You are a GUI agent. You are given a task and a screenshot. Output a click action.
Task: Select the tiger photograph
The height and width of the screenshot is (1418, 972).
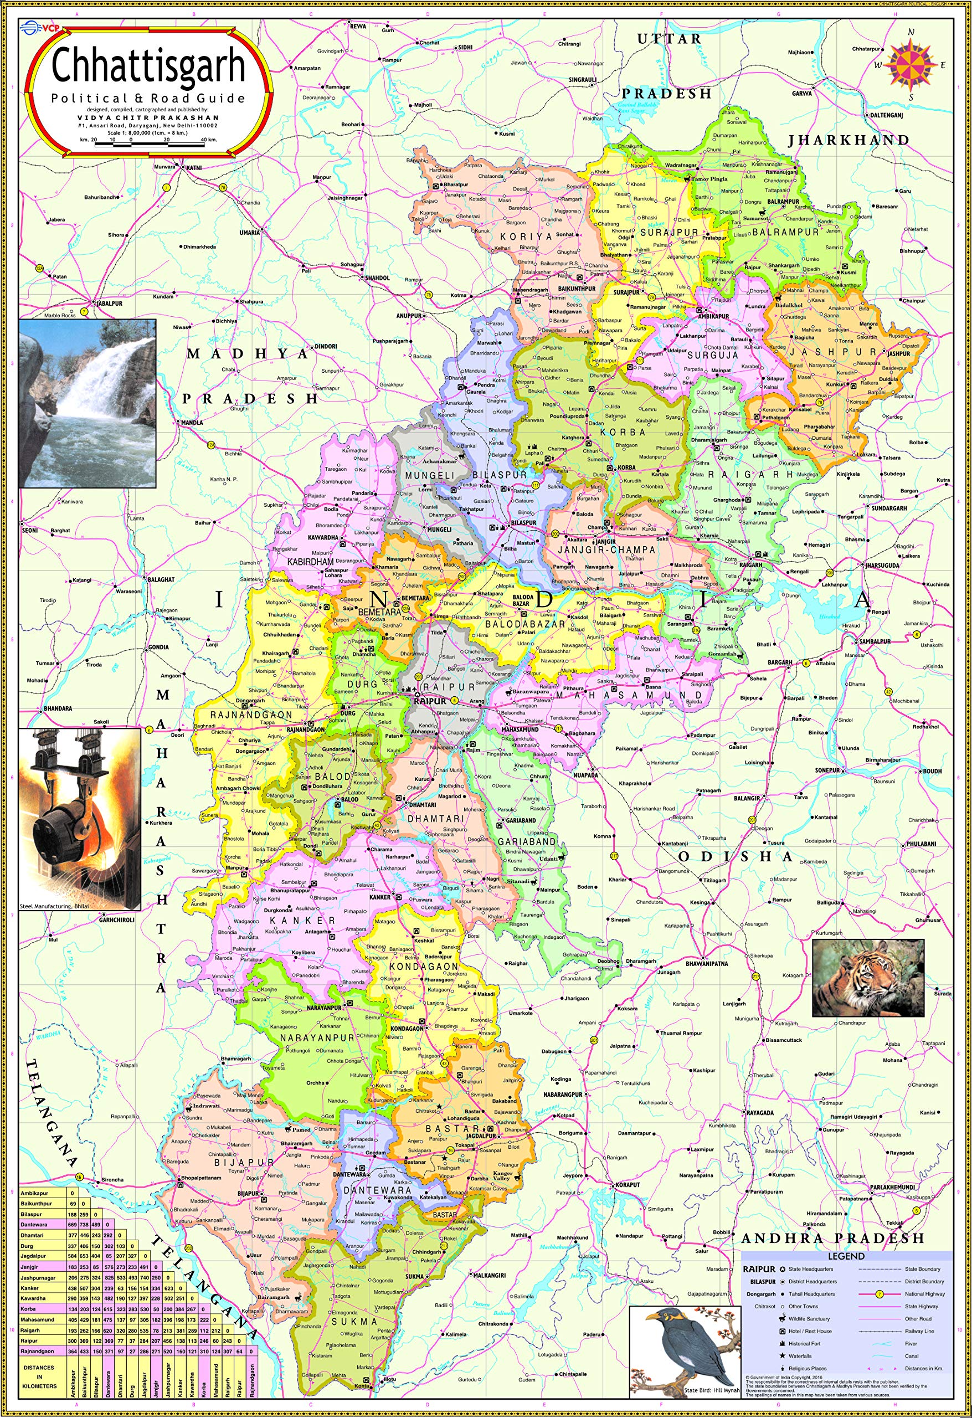pyautogui.click(x=868, y=979)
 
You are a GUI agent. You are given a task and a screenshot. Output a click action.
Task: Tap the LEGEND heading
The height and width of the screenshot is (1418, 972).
pyautogui.click(x=846, y=1256)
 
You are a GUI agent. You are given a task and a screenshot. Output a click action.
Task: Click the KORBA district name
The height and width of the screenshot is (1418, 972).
pyautogui.click(x=623, y=432)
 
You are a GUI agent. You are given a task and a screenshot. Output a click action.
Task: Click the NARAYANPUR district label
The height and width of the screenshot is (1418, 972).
pyautogui.click(x=317, y=1037)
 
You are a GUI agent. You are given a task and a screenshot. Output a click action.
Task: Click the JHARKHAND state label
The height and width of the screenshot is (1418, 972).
pyautogui.click(x=848, y=140)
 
